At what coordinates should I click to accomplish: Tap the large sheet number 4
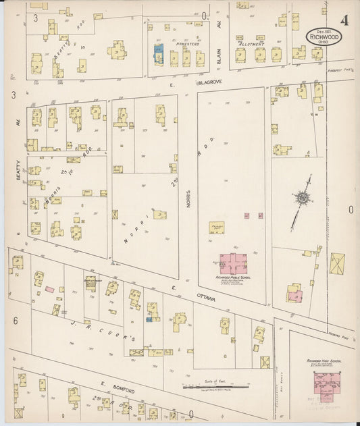click(344, 20)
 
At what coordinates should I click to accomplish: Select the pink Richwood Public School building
click(233, 263)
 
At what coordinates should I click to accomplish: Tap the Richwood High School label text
click(324, 362)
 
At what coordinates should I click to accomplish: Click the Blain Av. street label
click(219, 53)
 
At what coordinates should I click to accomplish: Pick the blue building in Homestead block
click(159, 53)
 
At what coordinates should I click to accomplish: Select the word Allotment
click(251, 43)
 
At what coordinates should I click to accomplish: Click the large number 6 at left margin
click(15, 321)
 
